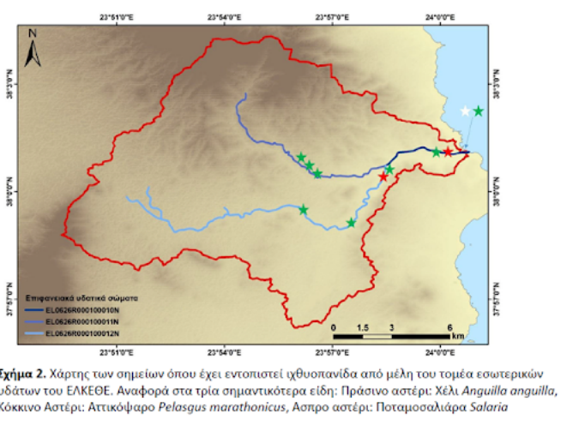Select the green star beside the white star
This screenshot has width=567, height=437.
479,111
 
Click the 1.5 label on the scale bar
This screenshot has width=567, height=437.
362,328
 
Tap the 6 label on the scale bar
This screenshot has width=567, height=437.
449,328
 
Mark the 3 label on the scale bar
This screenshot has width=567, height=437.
390,328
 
